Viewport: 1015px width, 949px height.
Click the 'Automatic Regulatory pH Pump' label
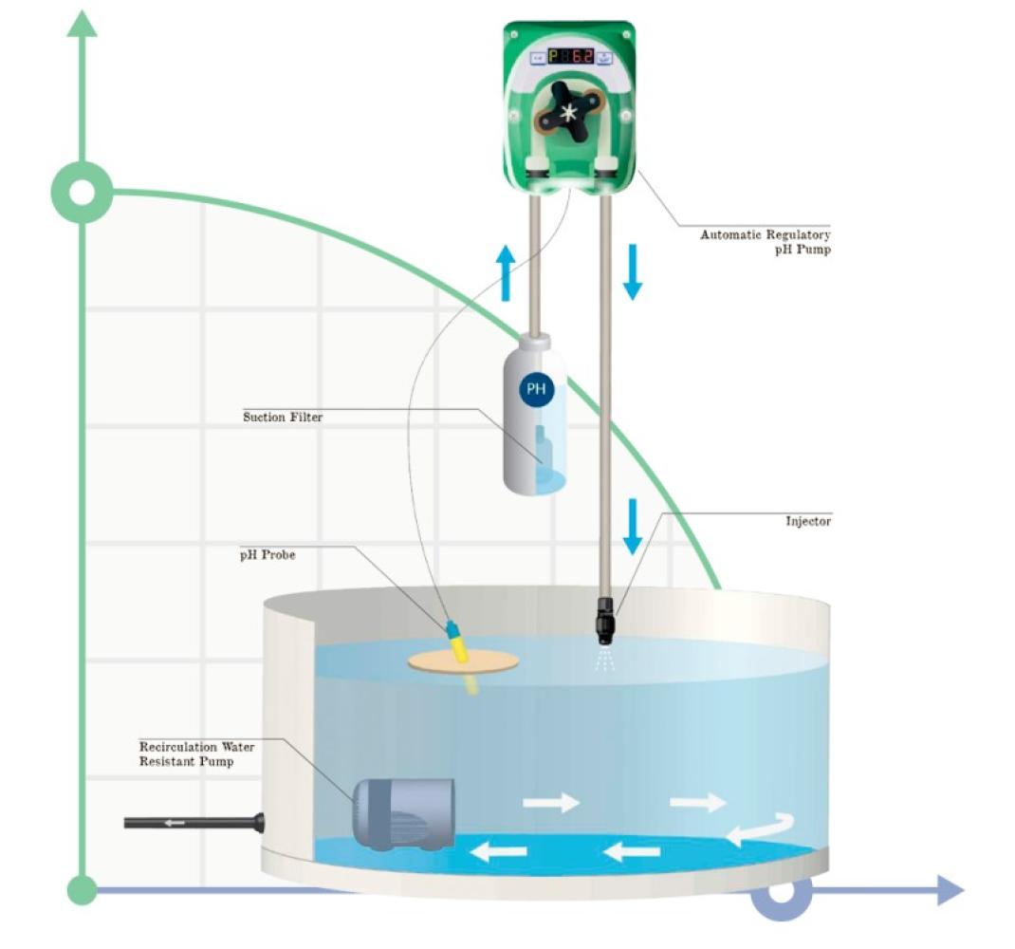tap(765, 242)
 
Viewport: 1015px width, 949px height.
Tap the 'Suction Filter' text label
tap(282, 417)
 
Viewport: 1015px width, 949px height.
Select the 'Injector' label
tap(807, 521)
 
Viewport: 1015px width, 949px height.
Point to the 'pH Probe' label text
tap(267, 554)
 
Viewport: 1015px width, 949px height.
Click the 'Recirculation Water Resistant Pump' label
tap(196, 754)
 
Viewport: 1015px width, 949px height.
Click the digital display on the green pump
tap(569, 57)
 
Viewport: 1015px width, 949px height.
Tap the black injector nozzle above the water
tap(603, 621)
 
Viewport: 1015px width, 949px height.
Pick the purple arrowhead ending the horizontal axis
tap(950, 890)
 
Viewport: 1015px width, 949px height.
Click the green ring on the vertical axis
tap(83, 193)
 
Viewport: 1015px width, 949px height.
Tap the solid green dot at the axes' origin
tap(83, 890)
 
